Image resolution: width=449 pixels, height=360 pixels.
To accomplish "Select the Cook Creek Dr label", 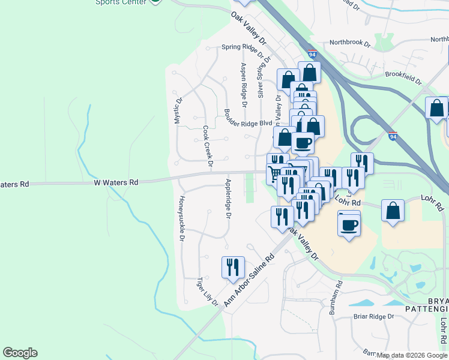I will coord(208,146).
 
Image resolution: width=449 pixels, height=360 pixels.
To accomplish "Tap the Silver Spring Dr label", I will coord(261,80).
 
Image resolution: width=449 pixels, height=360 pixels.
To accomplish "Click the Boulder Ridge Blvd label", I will coord(249,118).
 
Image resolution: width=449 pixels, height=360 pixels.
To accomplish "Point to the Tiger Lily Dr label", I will coord(208,292).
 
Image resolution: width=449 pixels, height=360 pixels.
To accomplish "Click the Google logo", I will coord(20,353).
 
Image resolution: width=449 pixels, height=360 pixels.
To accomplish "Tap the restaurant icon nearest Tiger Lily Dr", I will coord(232,267).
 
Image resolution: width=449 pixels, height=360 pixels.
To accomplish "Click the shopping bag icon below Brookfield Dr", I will coord(436,108).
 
